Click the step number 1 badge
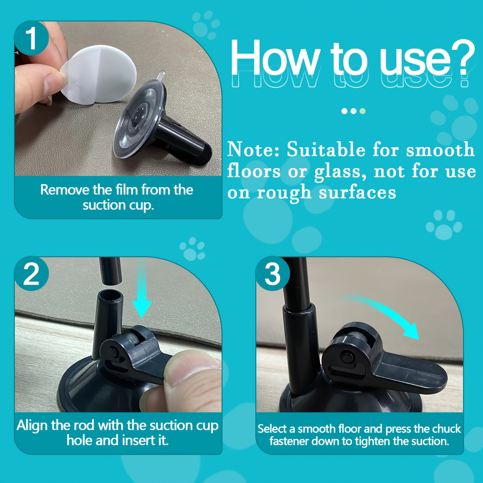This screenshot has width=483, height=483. click(x=32, y=38)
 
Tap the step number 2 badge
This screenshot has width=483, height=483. click(x=32, y=274)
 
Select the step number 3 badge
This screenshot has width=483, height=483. click(x=273, y=274)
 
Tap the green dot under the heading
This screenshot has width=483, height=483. click(x=363, y=111)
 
